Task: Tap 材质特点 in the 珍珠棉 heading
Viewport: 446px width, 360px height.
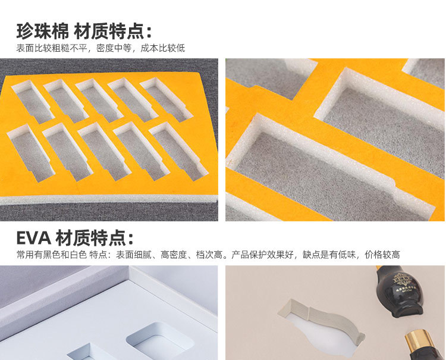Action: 109,30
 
